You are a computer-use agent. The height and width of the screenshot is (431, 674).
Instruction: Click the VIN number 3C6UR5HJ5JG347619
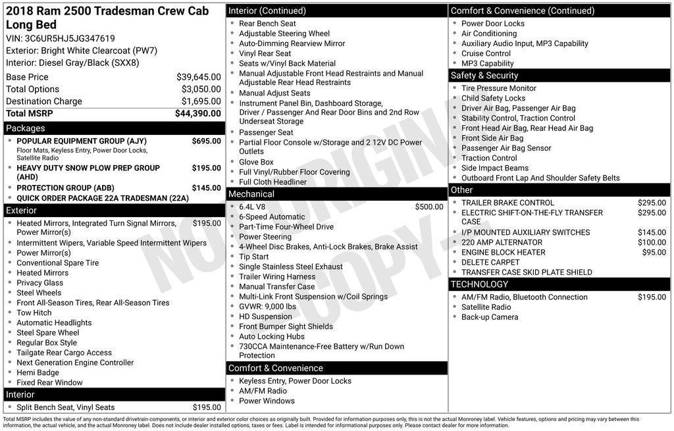click(x=70, y=38)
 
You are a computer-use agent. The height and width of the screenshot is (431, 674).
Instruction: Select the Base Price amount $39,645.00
click(x=199, y=77)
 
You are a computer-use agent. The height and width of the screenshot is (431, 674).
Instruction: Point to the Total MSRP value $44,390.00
click(x=198, y=113)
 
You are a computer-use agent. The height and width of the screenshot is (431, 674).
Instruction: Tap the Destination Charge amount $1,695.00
click(x=201, y=101)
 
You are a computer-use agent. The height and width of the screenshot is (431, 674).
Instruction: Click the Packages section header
click(x=26, y=128)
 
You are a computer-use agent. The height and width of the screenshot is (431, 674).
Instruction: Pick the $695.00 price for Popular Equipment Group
click(x=207, y=141)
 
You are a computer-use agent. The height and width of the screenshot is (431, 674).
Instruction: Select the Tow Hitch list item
click(x=34, y=313)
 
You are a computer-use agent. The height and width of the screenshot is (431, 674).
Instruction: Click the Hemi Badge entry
click(x=38, y=372)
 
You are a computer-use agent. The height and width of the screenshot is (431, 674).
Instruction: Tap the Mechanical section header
click(x=251, y=194)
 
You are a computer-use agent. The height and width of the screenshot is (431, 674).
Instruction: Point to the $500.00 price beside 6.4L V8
click(x=429, y=207)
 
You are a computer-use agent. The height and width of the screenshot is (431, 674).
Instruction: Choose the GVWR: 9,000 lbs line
click(x=267, y=307)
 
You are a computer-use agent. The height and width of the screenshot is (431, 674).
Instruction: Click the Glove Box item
click(x=256, y=162)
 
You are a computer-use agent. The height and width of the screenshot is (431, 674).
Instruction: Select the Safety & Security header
click(x=484, y=76)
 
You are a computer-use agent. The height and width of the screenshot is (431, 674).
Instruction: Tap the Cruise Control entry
click(x=486, y=53)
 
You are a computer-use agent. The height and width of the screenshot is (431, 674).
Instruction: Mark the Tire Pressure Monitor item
click(x=498, y=88)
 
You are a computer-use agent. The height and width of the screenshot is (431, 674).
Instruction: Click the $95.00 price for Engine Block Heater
click(x=654, y=252)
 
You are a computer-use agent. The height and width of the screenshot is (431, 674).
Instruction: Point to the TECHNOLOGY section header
click(x=479, y=284)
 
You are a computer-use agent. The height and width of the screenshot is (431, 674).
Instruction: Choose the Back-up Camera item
click(x=490, y=317)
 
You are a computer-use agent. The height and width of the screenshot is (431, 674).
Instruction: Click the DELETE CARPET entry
click(x=490, y=262)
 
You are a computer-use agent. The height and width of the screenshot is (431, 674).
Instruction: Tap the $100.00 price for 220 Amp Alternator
click(x=652, y=242)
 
